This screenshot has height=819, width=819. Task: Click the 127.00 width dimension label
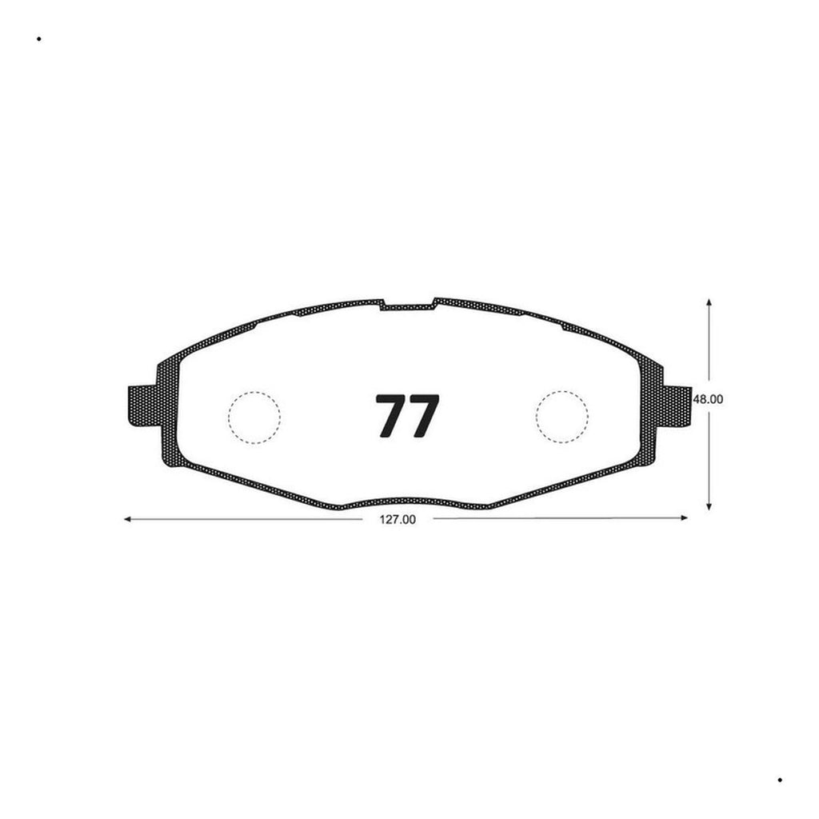click(398, 520)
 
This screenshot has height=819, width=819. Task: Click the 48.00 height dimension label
click(708, 399)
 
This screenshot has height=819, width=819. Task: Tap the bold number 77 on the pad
click(408, 416)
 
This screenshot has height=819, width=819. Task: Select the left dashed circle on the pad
click(254, 392)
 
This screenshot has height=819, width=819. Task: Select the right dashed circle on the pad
click(562, 390)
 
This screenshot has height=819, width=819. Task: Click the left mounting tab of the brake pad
click(142, 406)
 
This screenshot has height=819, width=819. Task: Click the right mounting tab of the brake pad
click(677, 406)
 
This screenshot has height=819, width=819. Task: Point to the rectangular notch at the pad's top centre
click(408, 307)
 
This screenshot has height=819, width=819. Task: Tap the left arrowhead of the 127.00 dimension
click(127, 519)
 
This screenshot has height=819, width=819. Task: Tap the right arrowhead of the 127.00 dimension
click(685, 517)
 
